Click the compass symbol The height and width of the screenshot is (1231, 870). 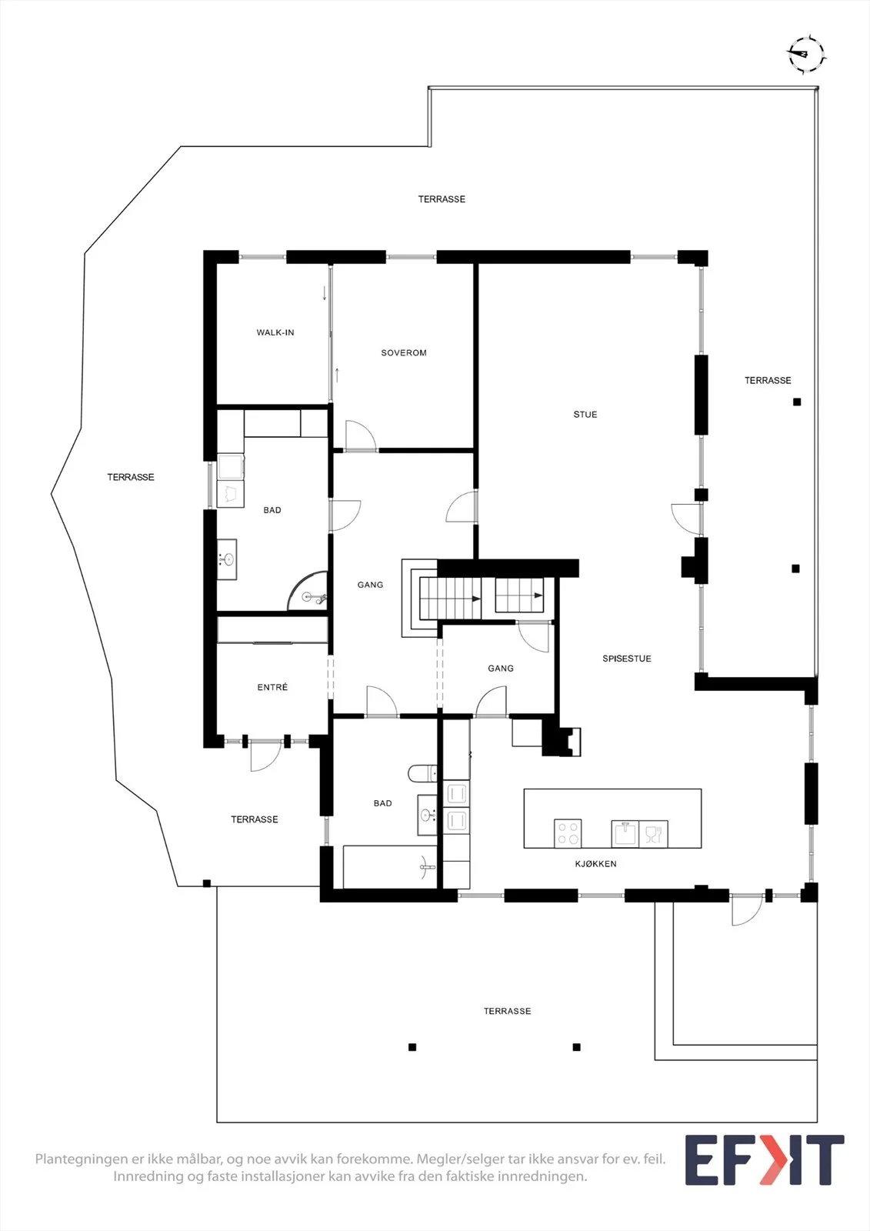click(x=806, y=55)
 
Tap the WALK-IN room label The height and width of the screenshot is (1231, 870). click(x=275, y=332)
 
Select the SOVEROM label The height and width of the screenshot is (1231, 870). click(x=404, y=353)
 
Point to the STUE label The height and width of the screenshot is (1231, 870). click(x=585, y=415)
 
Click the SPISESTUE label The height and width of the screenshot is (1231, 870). click(x=627, y=659)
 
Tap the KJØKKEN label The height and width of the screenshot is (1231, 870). click(x=595, y=864)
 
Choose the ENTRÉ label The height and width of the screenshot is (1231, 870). click(x=272, y=687)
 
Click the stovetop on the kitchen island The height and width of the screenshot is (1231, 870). click(x=568, y=833)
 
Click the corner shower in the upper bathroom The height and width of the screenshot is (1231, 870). click(x=308, y=591)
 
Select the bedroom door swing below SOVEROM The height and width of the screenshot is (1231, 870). click(x=361, y=435)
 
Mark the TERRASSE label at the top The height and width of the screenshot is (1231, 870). click(x=442, y=199)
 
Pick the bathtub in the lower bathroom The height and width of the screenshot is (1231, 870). click(x=390, y=866)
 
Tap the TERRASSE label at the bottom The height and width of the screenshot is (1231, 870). click(x=507, y=1011)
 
